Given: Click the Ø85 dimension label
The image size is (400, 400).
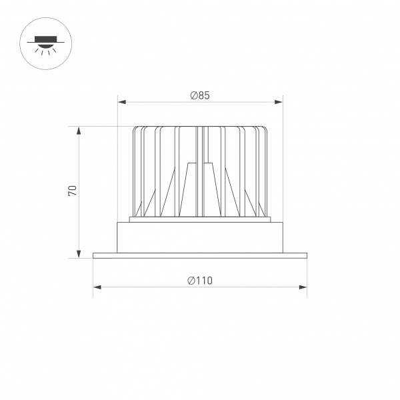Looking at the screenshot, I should pyautogui.click(x=200, y=95).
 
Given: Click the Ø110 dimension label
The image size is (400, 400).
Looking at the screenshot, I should pyautogui.click(x=200, y=281).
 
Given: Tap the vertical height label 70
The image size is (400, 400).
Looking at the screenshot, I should pyautogui.click(x=73, y=191).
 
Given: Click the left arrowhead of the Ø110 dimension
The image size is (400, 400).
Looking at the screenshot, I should pyautogui.click(x=97, y=287).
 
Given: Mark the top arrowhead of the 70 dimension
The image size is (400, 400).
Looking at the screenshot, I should pyautogui.click(x=79, y=131).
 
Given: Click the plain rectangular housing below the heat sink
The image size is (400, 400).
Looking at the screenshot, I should pyautogui.click(x=200, y=237).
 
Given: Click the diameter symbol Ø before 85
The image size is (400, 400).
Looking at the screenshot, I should pyautogui.click(x=193, y=95).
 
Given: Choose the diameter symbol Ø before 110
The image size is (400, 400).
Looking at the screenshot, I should pyautogui.click(x=191, y=281).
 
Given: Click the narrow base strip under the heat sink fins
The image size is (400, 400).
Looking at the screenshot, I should pyautogui.click(x=200, y=219).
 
